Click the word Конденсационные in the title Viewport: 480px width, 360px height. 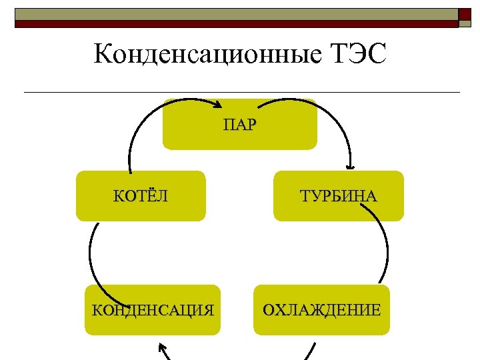pyautogui.click(x=204, y=54)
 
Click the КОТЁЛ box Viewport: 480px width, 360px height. pyautogui.click(x=141, y=207)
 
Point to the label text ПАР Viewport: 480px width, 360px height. pyautogui.click(x=240, y=125)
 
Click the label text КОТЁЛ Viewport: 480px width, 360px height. pyautogui.click(x=141, y=196)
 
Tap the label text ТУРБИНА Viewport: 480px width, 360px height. pyautogui.click(x=338, y=196)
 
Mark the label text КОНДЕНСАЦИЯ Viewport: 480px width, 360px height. pyautogui.click(x=153, y=310)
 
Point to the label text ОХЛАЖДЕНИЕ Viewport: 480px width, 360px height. pyautogui.click(x=321, y=310)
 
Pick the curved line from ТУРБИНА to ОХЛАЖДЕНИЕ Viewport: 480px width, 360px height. pyautogui.click(x=385, y=240)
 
